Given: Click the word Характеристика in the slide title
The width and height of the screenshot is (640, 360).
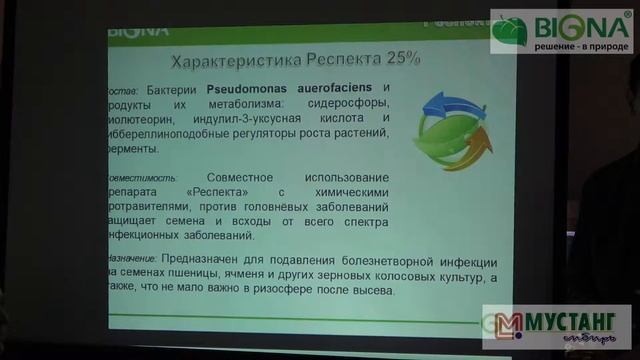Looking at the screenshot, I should pos(226,61).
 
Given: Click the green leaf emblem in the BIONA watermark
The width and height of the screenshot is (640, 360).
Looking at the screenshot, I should pos(509,30).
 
